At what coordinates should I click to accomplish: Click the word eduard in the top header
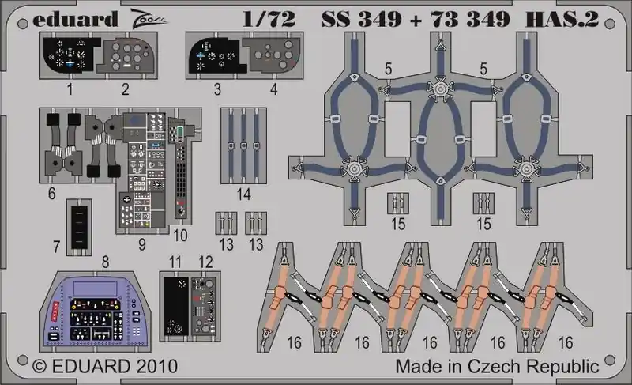coord(75,20)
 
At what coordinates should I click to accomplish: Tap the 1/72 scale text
coord(269,19)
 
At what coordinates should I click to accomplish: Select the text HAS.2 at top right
coord(562,19)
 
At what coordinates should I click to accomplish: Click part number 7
coord(56,247)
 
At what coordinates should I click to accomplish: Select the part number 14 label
coord(244,194)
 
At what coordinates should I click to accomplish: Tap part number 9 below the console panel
coord(142,244)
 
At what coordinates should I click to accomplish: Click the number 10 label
coord(180,236)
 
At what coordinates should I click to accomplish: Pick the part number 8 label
coord(105,262)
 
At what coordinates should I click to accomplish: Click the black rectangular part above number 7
coord(79,228)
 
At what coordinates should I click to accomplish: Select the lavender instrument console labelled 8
coord(95,311)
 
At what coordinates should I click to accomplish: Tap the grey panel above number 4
coord(273,55)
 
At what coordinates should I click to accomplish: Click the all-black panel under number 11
coord(176,307)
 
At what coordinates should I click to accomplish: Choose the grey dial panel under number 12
coord(204,307)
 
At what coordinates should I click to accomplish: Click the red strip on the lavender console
coord(55,311)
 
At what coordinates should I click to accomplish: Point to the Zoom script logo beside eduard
coord(149,18)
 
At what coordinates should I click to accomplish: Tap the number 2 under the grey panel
coord(126,89)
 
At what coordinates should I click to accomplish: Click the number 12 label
coord(205,262)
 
